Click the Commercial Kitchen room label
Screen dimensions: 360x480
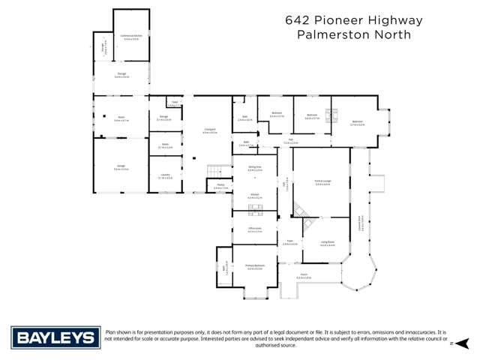pos(130,36)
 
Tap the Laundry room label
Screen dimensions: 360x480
pos(164,175)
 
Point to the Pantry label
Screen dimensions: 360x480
pos(220,184)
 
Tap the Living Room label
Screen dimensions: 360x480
pos(328,241)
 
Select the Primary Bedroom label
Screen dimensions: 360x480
pos(255,265)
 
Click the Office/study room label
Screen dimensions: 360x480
pos(254,229)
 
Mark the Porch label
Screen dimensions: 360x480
pos(304,275)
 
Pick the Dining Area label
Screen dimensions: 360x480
pos(254,166)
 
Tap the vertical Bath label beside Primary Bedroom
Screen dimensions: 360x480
pos(223,266)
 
